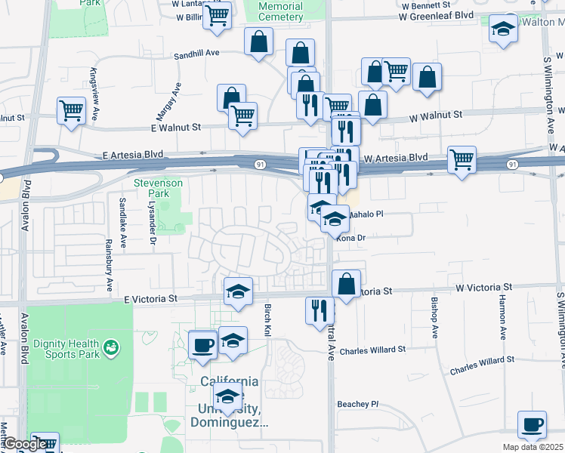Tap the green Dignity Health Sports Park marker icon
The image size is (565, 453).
pos(111,347)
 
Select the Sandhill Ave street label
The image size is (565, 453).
pos(196,54)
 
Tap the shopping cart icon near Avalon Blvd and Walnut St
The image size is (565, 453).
pos(71,110)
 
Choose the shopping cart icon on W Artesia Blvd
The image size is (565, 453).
pos(462,159)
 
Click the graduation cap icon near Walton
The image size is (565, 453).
pos(502,29)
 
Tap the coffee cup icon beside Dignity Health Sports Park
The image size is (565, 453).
pos(202,344)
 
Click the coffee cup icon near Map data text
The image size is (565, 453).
pos(532,424)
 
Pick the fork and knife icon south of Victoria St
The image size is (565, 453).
pos(320,310)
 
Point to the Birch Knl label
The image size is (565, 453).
pos(267,320)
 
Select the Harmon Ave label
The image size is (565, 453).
pos(502,322)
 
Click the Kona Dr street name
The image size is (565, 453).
pos(350,238)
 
